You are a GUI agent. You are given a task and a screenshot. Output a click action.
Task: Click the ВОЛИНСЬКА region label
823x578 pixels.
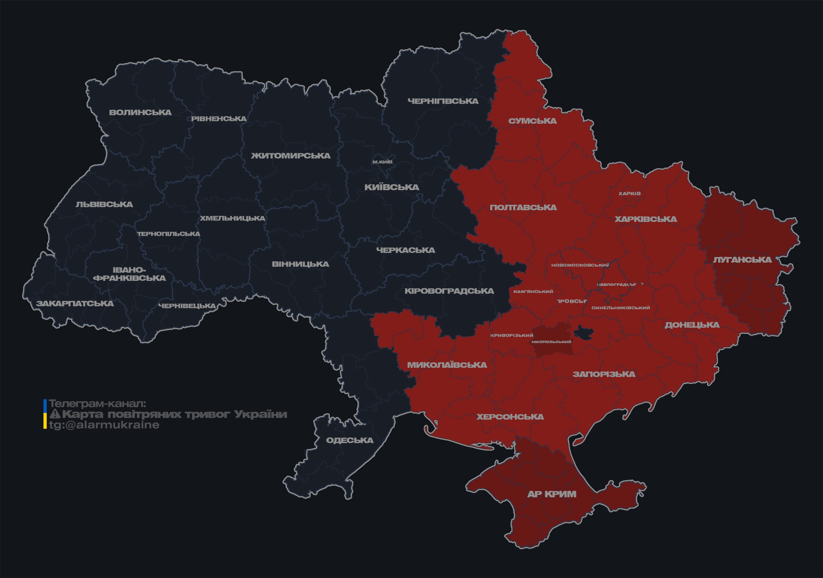pyautogui.click(x=140, y=112)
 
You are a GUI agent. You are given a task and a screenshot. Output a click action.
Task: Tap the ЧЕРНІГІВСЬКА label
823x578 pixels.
pyautogui.click(x=443, y=101)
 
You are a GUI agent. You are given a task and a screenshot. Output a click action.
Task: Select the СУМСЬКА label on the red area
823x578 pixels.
pyautogui.click(x=532, y=121)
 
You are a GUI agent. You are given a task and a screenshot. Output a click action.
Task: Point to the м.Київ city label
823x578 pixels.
pyautogui.click(x=382, y=162)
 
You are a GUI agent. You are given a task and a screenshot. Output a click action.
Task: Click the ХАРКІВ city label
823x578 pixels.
pyautogui.click(x=629, y=194)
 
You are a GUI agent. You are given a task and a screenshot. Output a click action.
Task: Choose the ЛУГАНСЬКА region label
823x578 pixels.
pyautogui.click(x=742, y=260)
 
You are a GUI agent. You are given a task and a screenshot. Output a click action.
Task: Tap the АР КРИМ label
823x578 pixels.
pyautogui.click(x=552, y=494)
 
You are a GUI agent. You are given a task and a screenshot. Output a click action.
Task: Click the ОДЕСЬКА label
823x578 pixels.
pyautogui.click(x=349, y=441)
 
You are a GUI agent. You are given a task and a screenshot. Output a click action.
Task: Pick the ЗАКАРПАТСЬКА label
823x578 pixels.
pyautogui.click(x=75, y=303)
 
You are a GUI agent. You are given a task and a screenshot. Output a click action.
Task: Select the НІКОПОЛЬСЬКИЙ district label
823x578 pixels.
pyautogui.click(x=551, y=342)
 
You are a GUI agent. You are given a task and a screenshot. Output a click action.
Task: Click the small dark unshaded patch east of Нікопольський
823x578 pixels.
pyautogui.click(x=584, y=333)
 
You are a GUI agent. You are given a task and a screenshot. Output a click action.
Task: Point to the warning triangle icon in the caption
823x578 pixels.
pyautogui.click(x=55, y=415)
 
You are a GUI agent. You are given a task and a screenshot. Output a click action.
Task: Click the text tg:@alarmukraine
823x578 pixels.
pyautogui.click(x=104, y=425)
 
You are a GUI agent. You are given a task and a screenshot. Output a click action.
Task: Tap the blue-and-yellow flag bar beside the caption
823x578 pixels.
pyautogui.click(x=45, y=414)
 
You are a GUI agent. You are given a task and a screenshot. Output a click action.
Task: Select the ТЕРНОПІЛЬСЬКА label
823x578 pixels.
pyautogui.click(x=169, y=234)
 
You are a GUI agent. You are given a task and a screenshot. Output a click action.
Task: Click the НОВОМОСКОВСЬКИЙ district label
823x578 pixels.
pyautogui.click(x=580, y=265)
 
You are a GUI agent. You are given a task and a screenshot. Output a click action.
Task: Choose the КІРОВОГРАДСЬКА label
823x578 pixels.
pyautogui.click(x=449, y=291)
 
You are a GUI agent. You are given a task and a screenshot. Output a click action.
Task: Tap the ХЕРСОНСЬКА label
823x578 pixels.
pyautogui.click(x=510, y=417)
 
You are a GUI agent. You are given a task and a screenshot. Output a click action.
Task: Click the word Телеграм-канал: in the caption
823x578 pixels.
pyautogui.click(x=97, y=404)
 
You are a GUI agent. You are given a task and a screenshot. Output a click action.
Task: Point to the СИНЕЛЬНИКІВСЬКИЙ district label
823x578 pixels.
pyautogui.click(x=620, y=308)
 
